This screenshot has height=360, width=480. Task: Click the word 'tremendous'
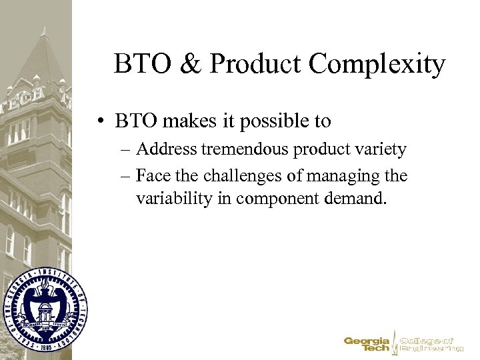[250, 149]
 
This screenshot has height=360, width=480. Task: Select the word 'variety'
[381, 149]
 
